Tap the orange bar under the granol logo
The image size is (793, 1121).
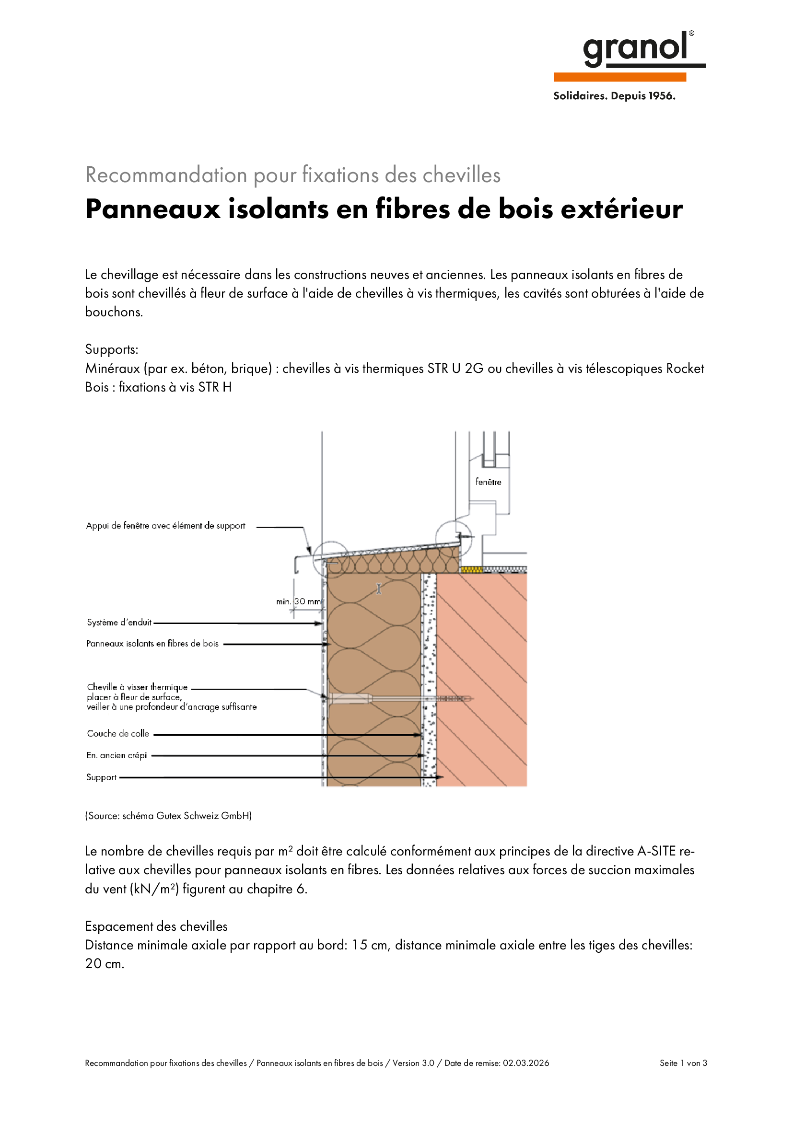619,77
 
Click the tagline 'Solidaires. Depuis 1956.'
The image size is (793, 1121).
614,96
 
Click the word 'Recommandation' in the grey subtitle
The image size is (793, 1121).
166,175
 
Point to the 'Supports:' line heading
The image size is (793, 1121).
112,349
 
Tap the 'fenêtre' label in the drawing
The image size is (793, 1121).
488,482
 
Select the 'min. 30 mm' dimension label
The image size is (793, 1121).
298,601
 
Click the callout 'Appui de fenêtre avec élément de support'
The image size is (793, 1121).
165,526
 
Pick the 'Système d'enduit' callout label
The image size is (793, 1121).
119,623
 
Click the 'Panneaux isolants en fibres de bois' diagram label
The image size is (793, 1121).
152,644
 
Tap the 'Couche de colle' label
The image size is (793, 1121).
118,733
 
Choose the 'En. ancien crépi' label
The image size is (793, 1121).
117,755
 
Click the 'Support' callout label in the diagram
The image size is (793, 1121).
102,777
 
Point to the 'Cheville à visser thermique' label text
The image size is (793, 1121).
137,687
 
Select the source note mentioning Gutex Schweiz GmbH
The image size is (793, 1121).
168,816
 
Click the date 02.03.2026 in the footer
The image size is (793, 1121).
526,1063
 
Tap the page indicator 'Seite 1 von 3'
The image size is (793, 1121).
683,1063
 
